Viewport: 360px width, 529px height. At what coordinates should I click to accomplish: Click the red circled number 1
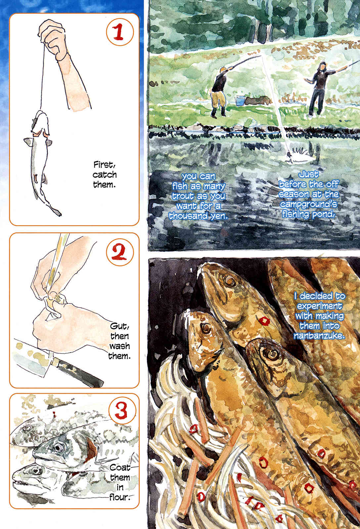(120, 32)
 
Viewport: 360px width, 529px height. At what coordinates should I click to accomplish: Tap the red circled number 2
(120, 252)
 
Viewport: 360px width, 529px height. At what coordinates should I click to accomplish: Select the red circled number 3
(122, 410)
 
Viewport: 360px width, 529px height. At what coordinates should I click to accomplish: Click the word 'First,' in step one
(105, 165)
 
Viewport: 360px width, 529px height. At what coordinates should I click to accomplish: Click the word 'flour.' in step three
(120, 497)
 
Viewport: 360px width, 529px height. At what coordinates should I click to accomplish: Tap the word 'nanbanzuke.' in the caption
(319, 335)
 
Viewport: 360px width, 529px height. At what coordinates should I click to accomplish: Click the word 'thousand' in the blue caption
(188, 216)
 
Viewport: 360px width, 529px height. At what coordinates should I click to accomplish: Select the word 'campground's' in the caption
(308, 204)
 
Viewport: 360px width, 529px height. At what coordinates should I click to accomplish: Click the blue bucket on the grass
(240, 101)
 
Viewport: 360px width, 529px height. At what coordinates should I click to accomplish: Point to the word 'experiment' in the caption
(319, 306)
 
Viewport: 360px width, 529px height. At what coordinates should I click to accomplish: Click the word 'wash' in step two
(119, 346)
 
